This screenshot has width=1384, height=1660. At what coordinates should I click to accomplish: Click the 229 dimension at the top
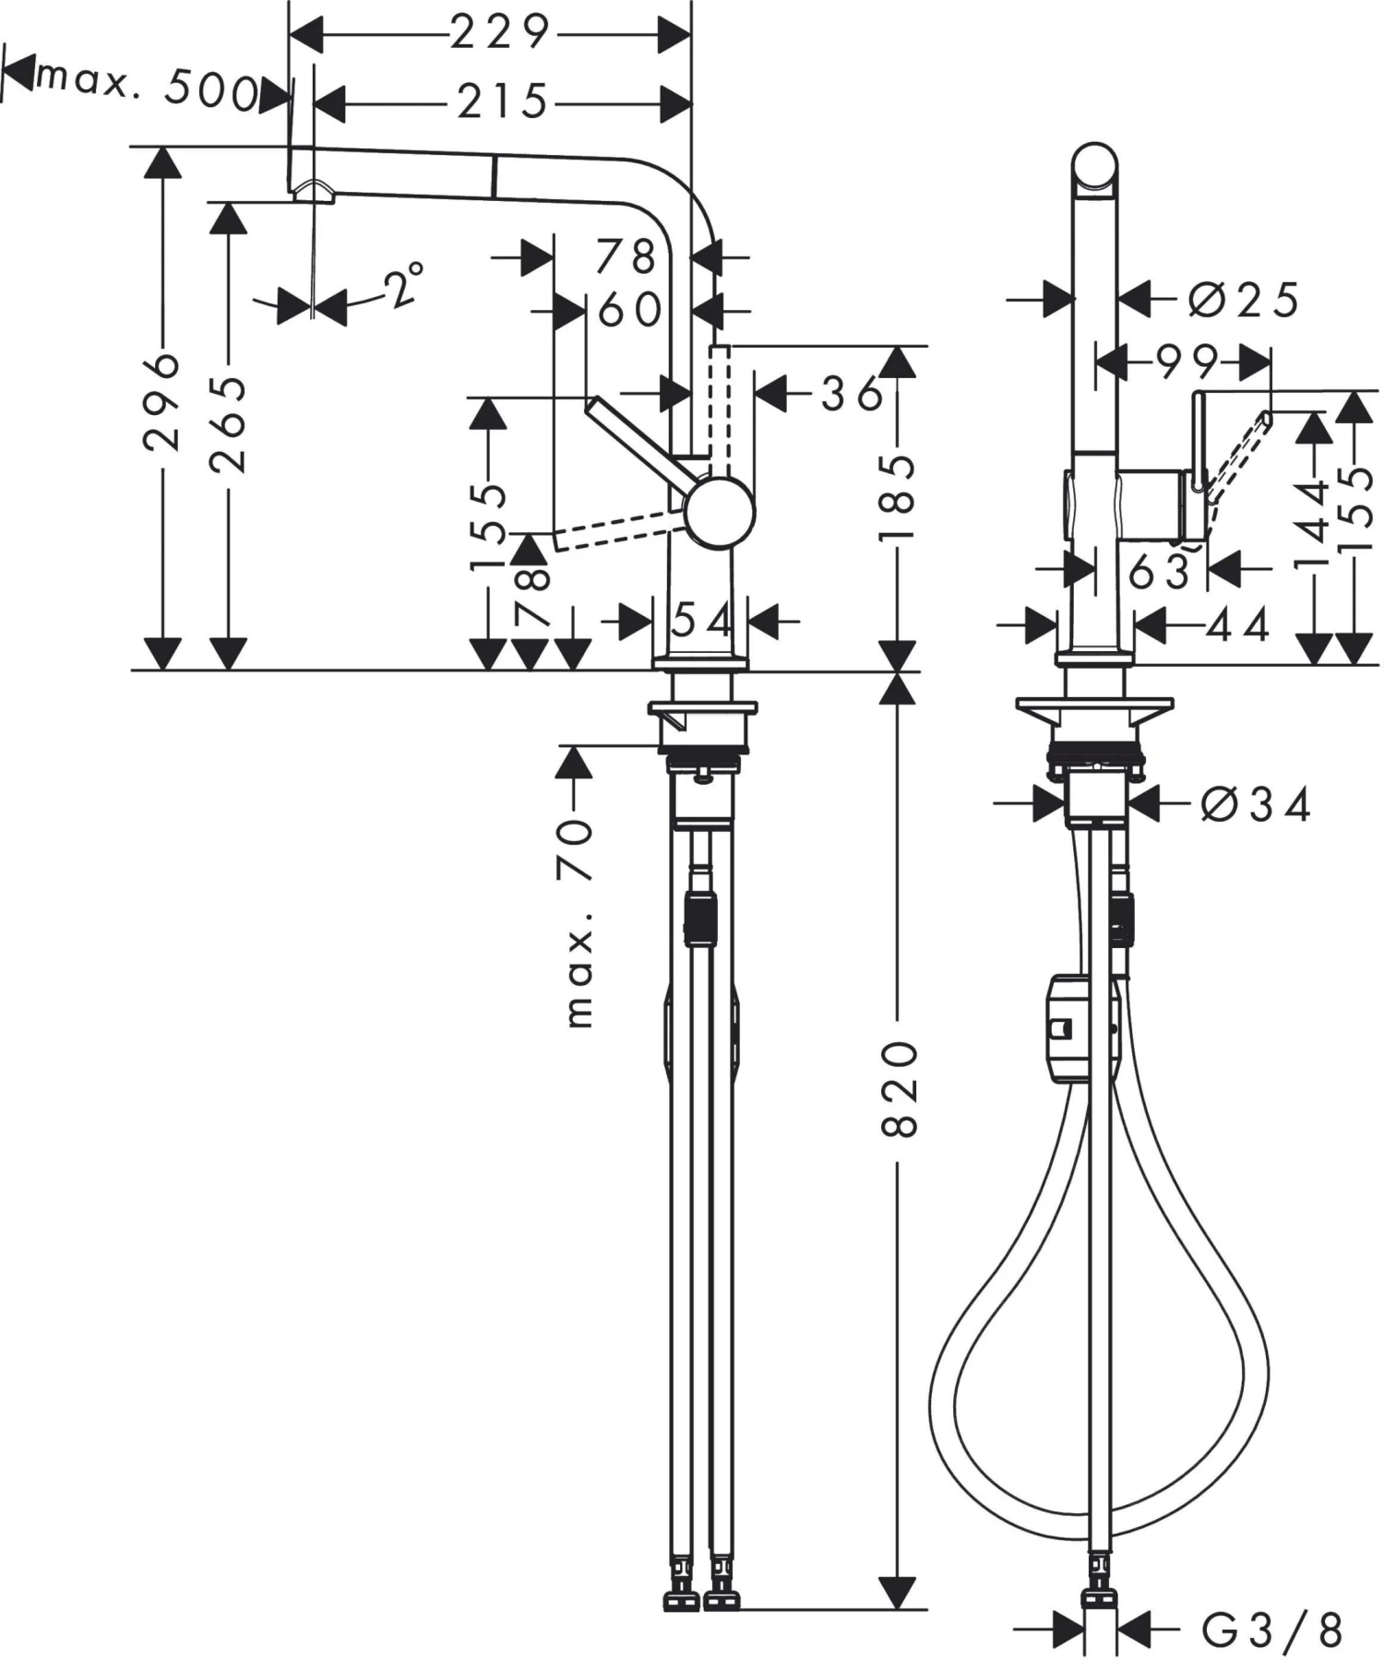(499, 34)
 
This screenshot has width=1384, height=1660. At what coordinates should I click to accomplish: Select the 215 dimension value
(503, 101)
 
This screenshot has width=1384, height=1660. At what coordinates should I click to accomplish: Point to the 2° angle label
(403, 287)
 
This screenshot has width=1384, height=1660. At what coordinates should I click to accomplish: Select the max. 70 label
(577, 922)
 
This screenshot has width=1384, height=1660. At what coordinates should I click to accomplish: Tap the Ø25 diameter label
(1243, 301)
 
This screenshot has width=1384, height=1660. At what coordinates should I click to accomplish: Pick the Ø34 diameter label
(1255, 805)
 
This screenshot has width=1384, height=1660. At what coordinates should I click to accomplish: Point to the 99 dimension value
(1187, 362)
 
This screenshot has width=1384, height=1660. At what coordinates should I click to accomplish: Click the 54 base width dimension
(701, 621)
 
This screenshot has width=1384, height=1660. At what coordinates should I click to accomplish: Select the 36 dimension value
(851, 395)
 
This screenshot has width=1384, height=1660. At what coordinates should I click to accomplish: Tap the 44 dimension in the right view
(1238, 626)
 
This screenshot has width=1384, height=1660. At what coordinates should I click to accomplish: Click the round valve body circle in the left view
(720, 513)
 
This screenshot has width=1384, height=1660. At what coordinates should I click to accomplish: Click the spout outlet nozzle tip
(312, 192)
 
